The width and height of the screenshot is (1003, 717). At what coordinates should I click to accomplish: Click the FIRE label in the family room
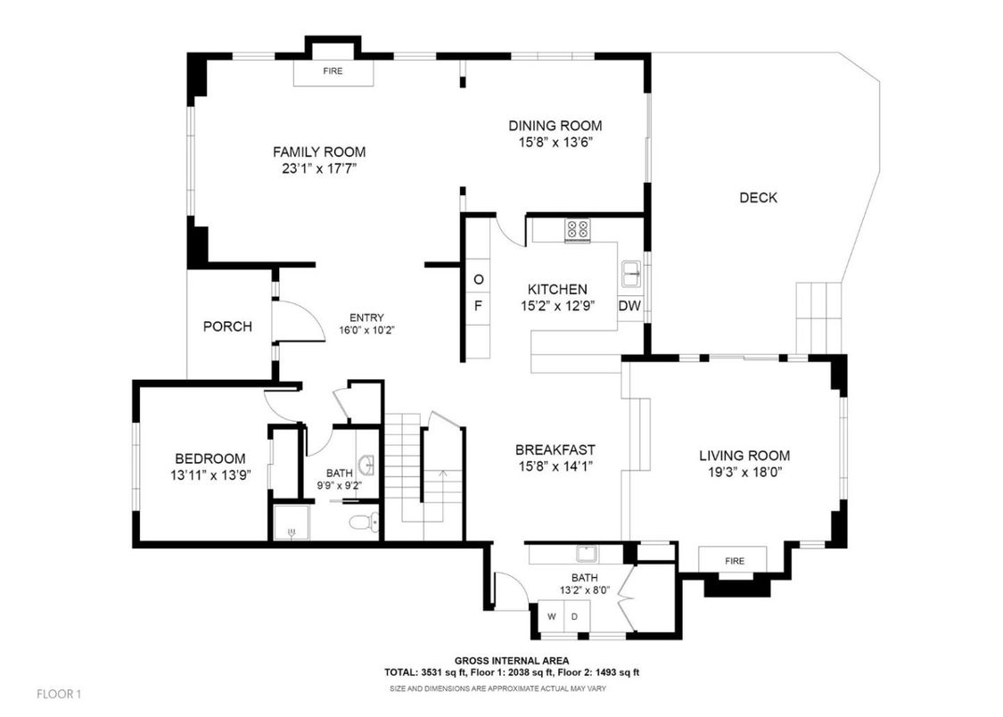pyautogui.click(x=333, y=70)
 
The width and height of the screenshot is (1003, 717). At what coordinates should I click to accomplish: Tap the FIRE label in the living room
pyautogui.click(x=734, y=561)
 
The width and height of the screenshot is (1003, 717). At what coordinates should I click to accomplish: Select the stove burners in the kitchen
pyautogui.click(x=577, y=229)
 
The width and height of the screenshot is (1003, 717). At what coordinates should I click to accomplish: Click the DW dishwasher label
pyautogui.click(x=629, y=306)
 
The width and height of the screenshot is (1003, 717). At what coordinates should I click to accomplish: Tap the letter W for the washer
pyautogui.click(x=551, y=616)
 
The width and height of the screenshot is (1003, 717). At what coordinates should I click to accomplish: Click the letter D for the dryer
pyautogui.click(x=575, y=616)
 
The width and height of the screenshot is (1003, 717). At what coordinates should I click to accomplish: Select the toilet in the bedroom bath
pyautogui.click(x=365, y=522)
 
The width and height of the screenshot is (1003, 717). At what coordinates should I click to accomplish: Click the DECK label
pyautogui.click(x=758, y=197)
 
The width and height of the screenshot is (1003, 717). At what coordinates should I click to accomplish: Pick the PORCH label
pyautogui.click(x=227, y=326)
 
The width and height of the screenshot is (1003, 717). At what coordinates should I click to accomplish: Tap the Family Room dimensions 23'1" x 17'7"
pyautogui.click(x=319, y=168)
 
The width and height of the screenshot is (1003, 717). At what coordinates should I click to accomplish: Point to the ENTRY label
pyautogui.click(x=366, y=317)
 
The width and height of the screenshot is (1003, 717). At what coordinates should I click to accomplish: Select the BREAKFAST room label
pyautogui.click(x=555, y=449)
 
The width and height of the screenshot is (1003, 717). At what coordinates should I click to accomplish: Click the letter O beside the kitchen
pyautogui.click(x=478, y=280)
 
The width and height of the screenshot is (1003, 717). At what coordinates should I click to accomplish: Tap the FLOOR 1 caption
pyautogui.click(x=59, y=693)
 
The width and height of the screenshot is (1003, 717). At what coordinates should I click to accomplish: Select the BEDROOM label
pyautogui.click(x=210, y=458)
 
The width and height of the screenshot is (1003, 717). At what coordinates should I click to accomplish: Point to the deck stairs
pyautogui.click(x=819, y=317)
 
